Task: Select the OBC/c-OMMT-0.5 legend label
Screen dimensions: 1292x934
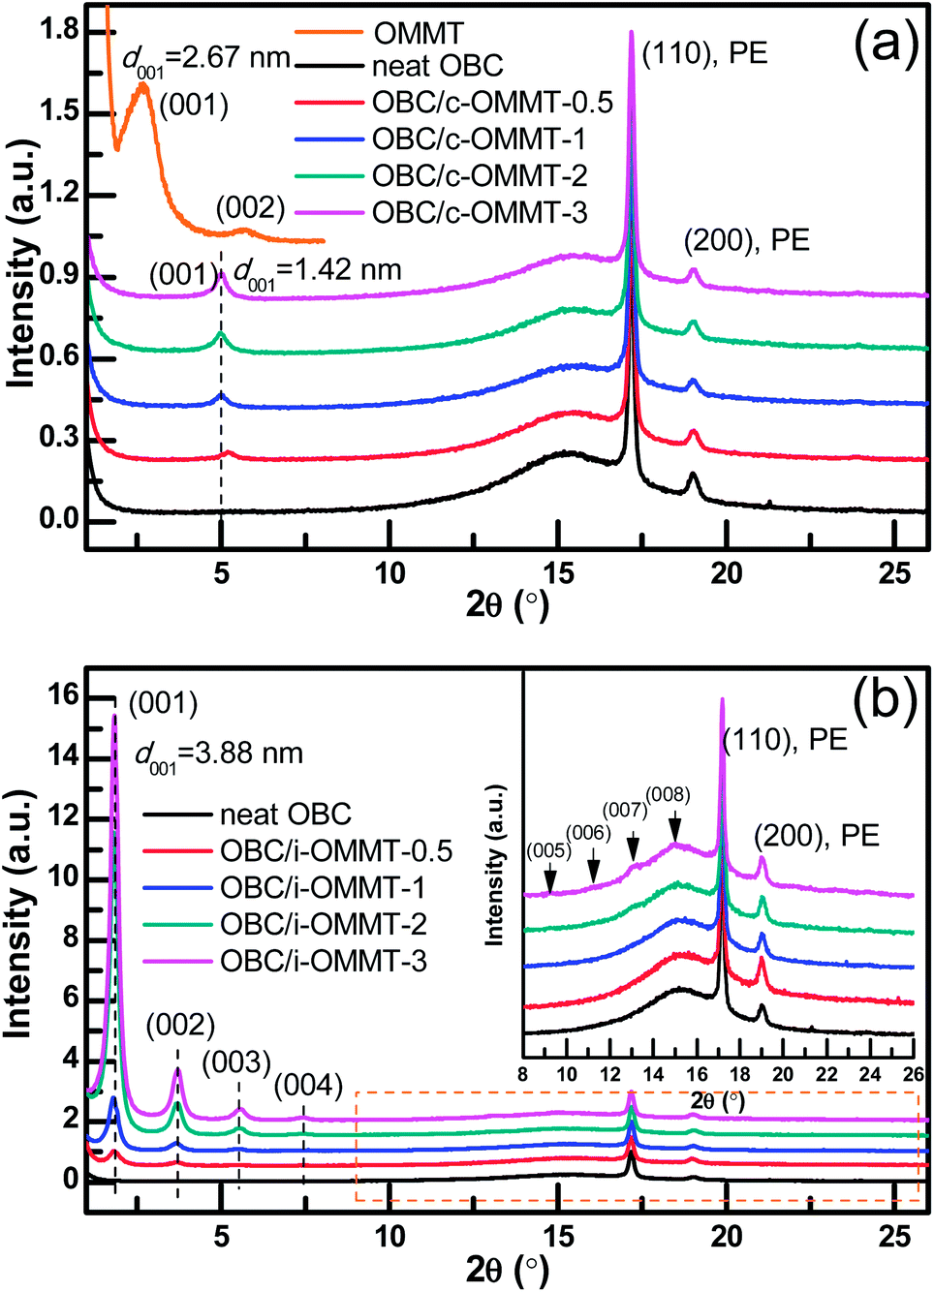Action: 492,103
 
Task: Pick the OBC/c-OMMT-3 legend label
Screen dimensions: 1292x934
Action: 480,212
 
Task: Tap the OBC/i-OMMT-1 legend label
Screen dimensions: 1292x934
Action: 323,887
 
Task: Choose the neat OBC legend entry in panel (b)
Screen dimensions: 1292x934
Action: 285,815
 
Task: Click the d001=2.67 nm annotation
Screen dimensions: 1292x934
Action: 206,60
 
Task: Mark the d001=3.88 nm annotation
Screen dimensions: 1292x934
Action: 219,754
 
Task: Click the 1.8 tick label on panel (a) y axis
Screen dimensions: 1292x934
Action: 59,31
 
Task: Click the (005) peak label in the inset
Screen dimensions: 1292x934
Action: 547,850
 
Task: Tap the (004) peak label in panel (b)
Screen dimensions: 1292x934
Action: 308,1086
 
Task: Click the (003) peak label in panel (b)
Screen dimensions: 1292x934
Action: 236,1061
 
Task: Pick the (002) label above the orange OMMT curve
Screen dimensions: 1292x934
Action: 250,207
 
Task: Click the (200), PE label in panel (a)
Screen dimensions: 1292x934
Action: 746,240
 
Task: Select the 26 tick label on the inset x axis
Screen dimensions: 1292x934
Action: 913,1074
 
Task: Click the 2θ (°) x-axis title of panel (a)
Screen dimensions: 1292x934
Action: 508,605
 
